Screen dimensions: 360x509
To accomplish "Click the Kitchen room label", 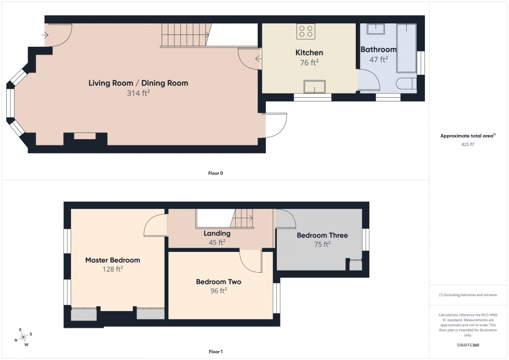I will tap(309, 52).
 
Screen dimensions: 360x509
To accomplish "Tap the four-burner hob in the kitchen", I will tap(305, 32).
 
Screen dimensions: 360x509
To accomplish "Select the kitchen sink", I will tap(315, 87).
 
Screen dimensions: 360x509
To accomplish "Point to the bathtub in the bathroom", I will tap(406, 48).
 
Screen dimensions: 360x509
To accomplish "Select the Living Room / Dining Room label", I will tap(138, 83).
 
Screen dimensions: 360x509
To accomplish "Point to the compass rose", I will tap(23, 337).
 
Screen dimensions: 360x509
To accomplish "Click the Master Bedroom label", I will tap(113, 260).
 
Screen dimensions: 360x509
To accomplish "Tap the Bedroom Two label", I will tap(218, 282).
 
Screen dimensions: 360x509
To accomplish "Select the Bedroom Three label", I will tap(322, 235).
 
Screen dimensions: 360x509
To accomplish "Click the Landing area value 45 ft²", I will tap(217, 242).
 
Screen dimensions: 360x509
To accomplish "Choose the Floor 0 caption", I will tap(215, 173).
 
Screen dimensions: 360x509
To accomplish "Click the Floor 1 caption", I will tap(215, 352).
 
